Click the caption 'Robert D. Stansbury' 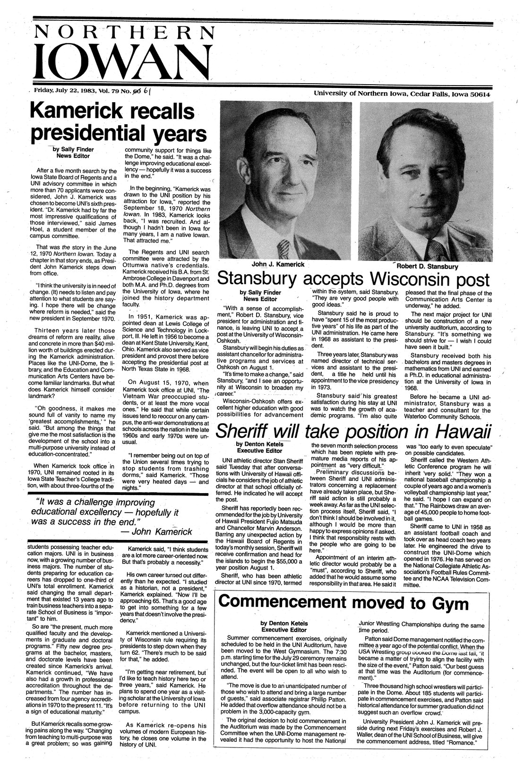(x=430, y=266)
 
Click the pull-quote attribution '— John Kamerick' (x=156, y=531)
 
